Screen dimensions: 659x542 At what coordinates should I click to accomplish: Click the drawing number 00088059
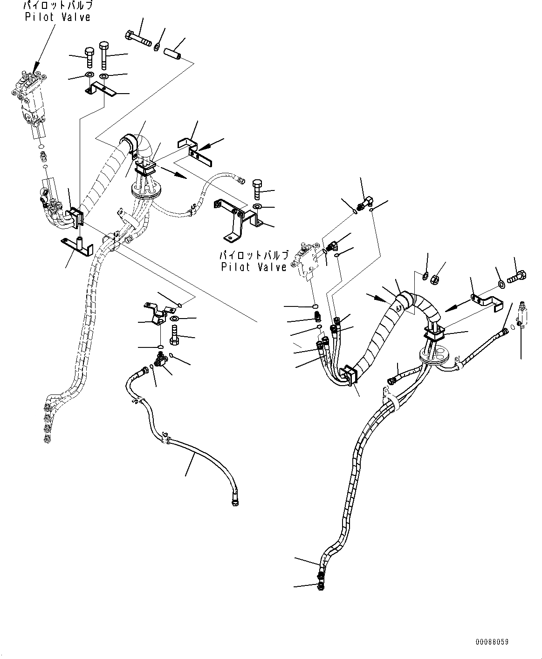pos(492,642)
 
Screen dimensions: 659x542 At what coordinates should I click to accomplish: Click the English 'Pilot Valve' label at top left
pos(58,17)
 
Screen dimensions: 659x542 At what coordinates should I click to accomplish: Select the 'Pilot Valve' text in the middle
pos(254,267)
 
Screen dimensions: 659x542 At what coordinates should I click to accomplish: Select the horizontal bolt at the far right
pos(517,277)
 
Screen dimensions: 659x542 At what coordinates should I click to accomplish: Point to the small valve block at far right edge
pos(525,318)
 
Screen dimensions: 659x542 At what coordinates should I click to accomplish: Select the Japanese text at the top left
pos(58,7)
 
